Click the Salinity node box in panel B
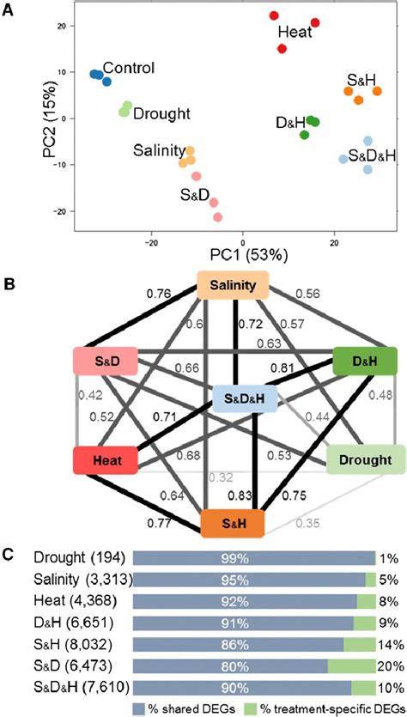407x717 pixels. (233, 285)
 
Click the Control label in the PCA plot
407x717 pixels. (128, 67)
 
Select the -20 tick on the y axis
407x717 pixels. (59, 211)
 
